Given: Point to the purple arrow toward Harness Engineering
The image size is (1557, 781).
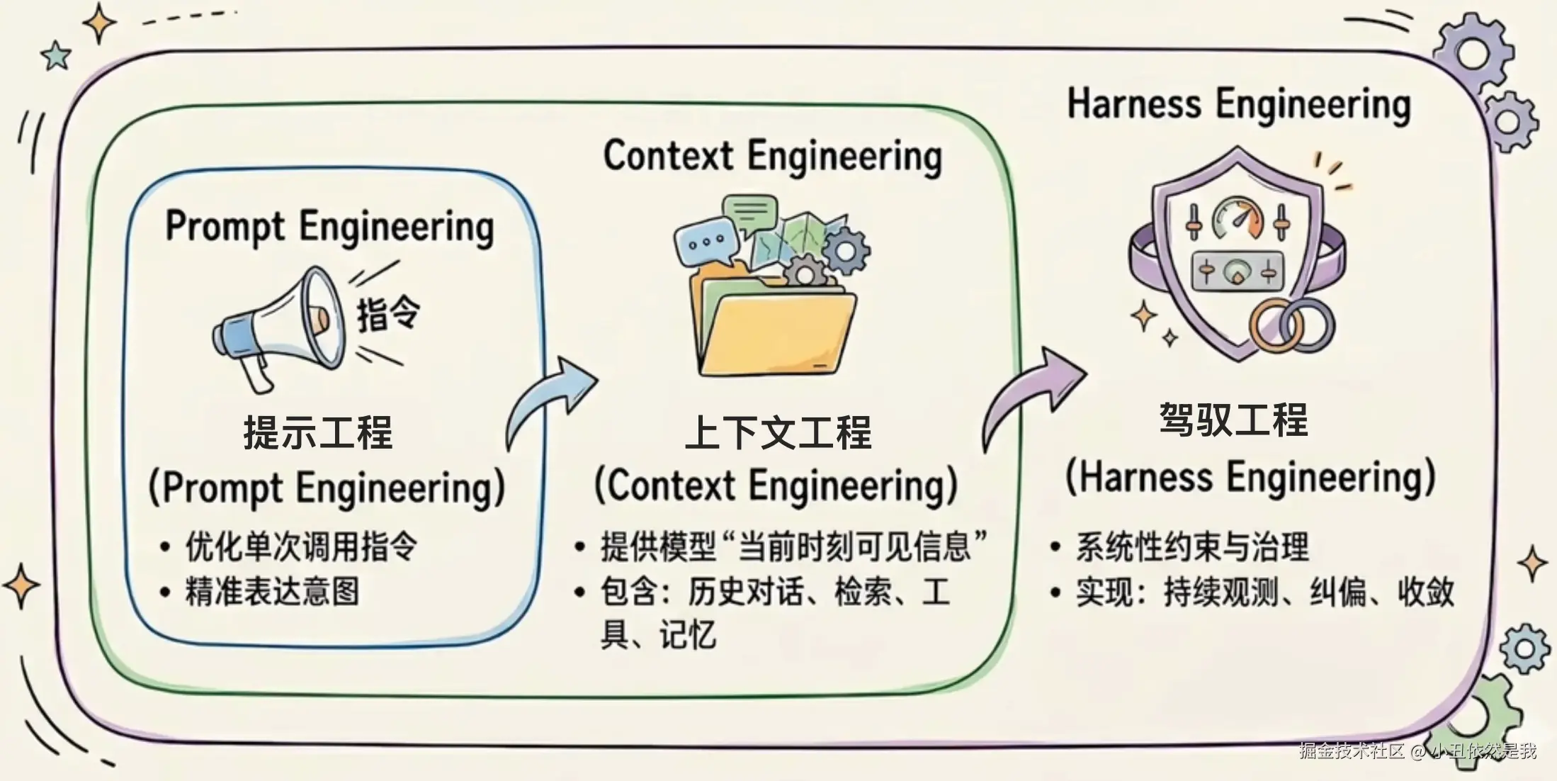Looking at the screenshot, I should pyautogui.click(x=1031, y=397).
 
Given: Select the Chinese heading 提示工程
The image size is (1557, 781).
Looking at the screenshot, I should pyautogui.click(x=318, y=432).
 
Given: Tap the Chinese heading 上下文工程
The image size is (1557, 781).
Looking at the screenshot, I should pyautogui.click(x=778, y=432).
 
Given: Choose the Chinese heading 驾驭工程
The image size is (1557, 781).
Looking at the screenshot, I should pyautogui.click(x=1233, y=420).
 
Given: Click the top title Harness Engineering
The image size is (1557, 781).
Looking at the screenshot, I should pyautogui.click(x=1239, y=104).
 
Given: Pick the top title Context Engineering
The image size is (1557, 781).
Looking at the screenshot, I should pyautogui.click(x=772, y=156).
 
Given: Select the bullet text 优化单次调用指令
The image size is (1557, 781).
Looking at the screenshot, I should pyautogui.click(x=302, y=546).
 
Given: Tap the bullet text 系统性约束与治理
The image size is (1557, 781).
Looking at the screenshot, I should pyautogui.click(x=1192, y=546).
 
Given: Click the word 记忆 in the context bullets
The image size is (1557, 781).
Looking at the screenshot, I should pyautogui.click(x=688, y=635).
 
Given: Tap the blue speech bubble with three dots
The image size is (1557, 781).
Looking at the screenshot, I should pyautogui.click(x=703, y=242).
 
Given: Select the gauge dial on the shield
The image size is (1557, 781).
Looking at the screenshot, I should pyautogui.click(x=1237, y=218).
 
